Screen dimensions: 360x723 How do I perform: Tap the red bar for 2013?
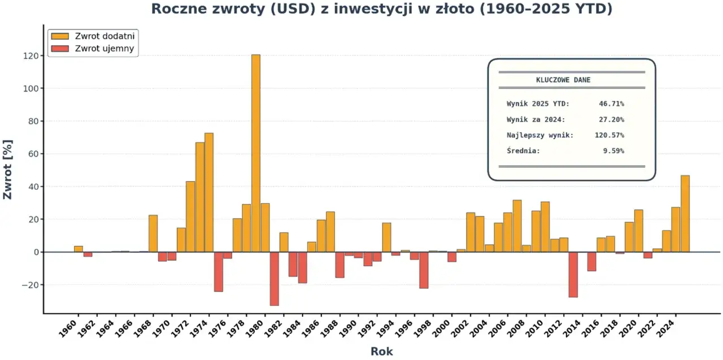click(x=573, y=274)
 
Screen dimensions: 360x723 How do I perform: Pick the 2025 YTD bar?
click(x=685, y=214)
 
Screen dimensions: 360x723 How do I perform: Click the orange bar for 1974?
click(x=209, y=192)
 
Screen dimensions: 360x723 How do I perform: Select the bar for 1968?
click(x=153, y=233)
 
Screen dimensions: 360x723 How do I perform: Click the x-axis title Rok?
click(x=381, y=352)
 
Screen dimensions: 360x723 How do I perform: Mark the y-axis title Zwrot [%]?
click(x=8, y=170)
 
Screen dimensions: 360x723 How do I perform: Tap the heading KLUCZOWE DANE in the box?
click(x=563, y=80)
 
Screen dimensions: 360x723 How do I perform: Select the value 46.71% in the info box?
click(x=611, y=103)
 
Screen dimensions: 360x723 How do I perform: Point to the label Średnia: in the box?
click(x=524, y=151)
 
